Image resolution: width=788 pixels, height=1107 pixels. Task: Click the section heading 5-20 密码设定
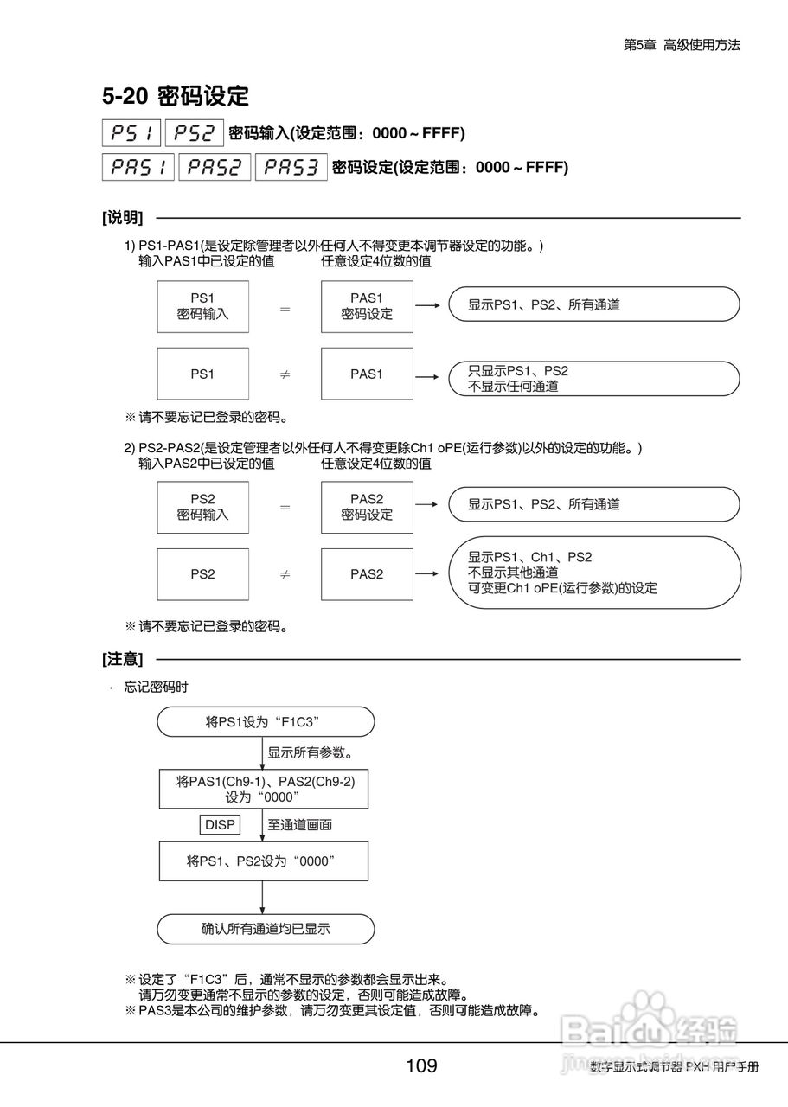(x=176, y=95)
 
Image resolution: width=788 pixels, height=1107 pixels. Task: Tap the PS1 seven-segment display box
(x=131, y=133)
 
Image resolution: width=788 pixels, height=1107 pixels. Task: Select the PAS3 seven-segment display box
(x=291, y=167)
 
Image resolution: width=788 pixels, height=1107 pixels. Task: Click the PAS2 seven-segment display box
(x=215, y=167)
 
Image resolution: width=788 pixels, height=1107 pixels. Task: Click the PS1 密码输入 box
(x=202, y=306)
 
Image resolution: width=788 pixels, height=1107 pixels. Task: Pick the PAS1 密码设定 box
(x=367, y=306)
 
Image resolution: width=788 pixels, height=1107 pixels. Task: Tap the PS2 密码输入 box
(x=202, y=507)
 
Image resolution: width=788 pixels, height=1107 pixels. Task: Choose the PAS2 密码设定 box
(x=367, y=507)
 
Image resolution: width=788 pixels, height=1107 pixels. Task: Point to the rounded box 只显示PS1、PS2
(x=594, y=378)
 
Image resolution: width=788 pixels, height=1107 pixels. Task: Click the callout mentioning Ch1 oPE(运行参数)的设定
(x=594, y=573)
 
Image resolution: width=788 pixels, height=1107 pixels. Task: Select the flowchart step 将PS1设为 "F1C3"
(x=266, y=721)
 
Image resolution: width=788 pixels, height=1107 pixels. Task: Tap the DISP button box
(x=220, y=824)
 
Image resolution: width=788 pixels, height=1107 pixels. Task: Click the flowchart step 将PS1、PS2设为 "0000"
(x=264, y=861)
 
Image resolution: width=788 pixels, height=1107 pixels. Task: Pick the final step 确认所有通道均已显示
(x=266, y=930)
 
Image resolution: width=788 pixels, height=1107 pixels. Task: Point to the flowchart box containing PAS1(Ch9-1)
(x=266, y=788)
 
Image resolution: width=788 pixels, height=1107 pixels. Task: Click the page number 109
(x=421, y=1065)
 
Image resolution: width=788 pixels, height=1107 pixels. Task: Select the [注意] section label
(x=123, y=659)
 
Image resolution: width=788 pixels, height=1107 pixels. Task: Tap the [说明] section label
(x=123, y=217)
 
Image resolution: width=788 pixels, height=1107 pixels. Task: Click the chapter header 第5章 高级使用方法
(x=682, y=46)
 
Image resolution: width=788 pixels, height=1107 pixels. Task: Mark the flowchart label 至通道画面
(x=299, y=824)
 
